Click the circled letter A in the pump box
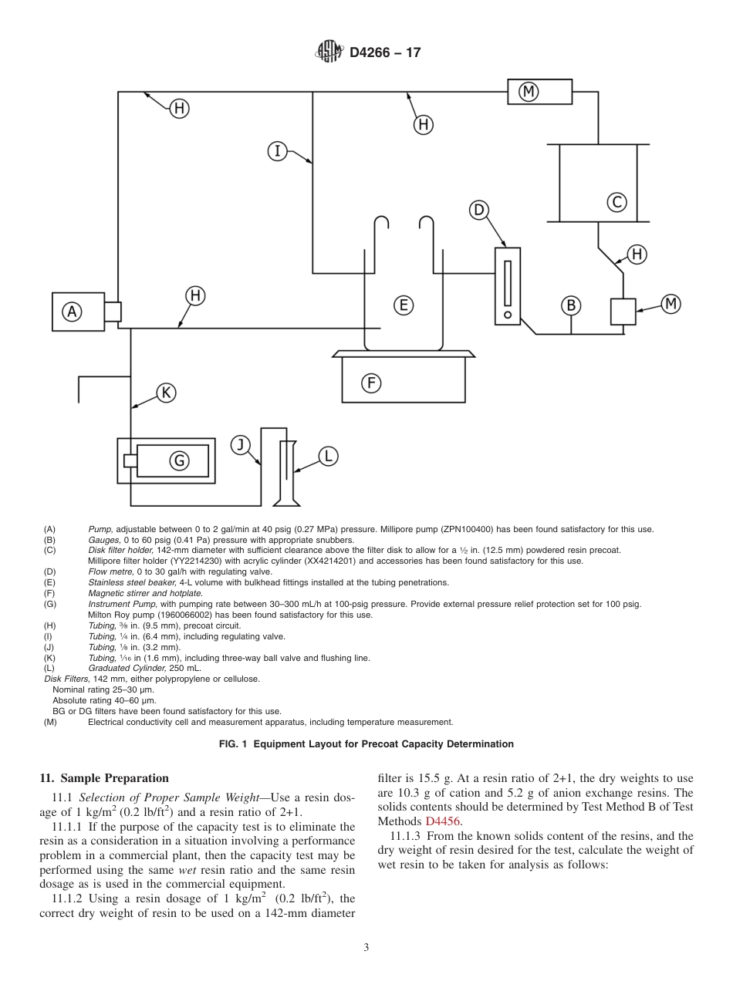(x=72, y=312)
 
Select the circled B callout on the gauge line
(x=571, y=305)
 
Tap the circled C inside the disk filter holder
(x=616, y=202)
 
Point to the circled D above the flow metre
(x=479, y=210)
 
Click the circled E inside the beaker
(x=403, y=305)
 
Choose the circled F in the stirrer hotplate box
(x=371, y=383)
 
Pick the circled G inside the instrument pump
(x=179, y=460)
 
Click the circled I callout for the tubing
(x=278, y=150)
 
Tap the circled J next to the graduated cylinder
(x=242, y=444)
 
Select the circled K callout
(x=166, y=393)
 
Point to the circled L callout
(x=328, y=457)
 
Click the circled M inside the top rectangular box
(x=529, y=92)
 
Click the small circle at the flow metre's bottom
(x=507, y=315)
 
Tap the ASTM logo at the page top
(x=329, y=52)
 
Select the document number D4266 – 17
(x=385, y=53)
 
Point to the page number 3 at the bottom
(x=366, y=947)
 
